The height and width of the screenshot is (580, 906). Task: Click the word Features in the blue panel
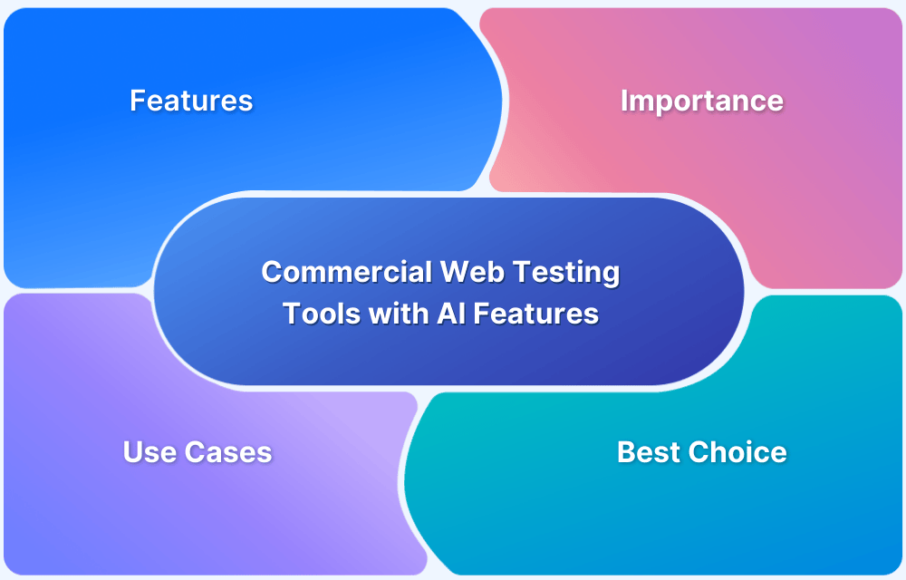(x=191, y=100)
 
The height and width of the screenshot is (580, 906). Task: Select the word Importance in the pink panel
(x=701, y=100)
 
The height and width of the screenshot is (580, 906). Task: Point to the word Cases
(x=228, y=451)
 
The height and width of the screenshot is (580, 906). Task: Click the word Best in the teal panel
(x=646, y=451)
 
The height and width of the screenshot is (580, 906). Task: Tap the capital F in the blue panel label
(x=137, y=100)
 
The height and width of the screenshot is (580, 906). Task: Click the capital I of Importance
(x=624, y=100)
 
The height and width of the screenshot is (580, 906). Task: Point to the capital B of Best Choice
(x=625, y=451)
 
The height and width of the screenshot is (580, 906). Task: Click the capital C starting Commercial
(x=270, y=272)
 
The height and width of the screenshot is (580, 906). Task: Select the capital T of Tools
(x=290, y=314)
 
